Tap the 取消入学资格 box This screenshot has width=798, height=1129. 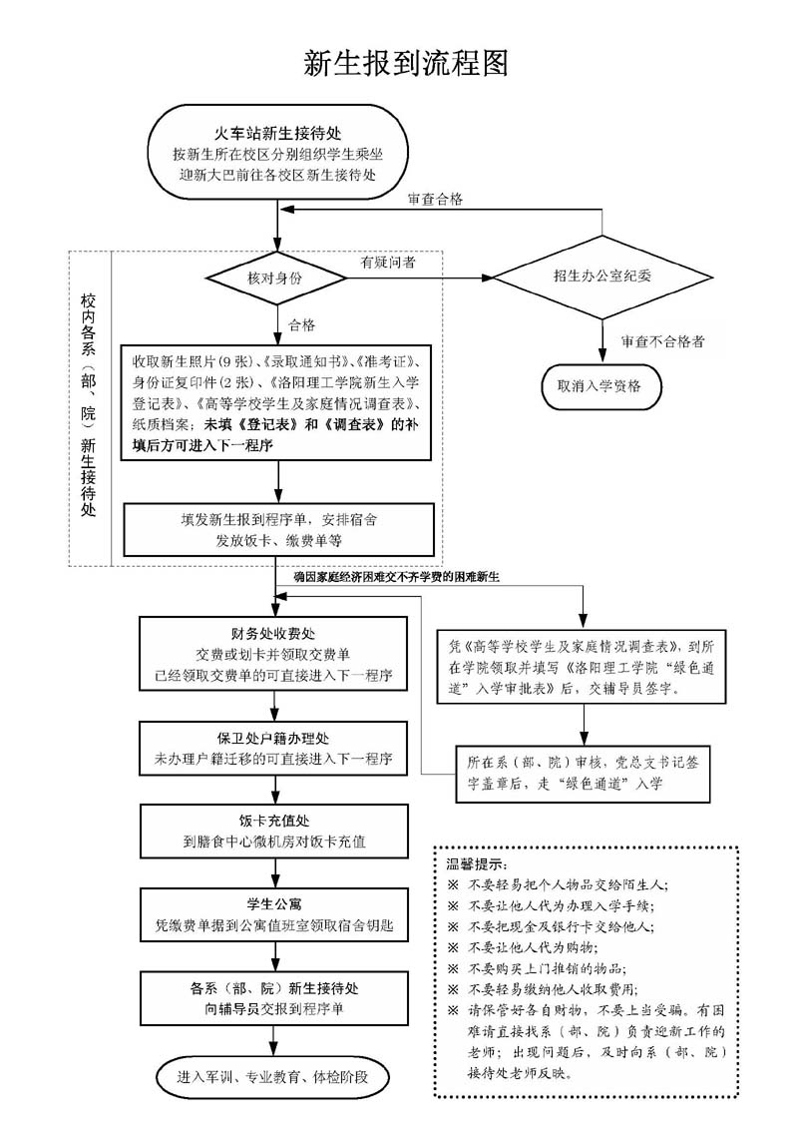(599, 384)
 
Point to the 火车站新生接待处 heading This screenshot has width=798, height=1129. (276, 133)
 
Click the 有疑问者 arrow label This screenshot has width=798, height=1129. (389, 262)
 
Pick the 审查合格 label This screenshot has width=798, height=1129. (435, 200)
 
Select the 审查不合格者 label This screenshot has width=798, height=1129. (661, 341)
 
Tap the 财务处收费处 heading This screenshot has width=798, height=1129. (272, 634)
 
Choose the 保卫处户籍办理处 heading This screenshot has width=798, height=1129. (272, 738)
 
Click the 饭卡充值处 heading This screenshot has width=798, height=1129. (272, 821)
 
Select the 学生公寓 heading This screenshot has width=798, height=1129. (272, 904)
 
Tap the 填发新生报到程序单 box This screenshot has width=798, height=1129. (278, 530)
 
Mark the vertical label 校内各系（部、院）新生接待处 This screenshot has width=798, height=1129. (89, 404)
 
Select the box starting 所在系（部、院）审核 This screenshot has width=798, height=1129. (584, 773)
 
